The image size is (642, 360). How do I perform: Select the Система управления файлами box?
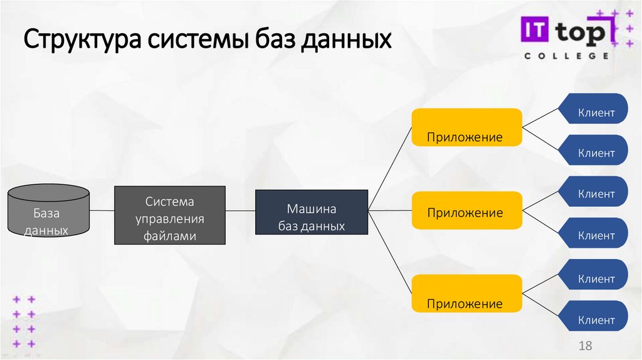click(x=170, y=214)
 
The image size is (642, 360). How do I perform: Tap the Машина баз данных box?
click(x=312, y=213)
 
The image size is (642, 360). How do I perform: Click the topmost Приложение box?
click(x=466, y=127)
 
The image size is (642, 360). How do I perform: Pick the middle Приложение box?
click(x=466, y=211)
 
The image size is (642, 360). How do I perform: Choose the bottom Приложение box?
click(x=466, y=294)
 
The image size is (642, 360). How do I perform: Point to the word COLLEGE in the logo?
click(x=566, y=56)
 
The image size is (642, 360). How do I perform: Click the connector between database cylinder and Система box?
click(x=102, y=211)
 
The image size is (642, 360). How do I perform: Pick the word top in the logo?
click(x=581, y=33)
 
